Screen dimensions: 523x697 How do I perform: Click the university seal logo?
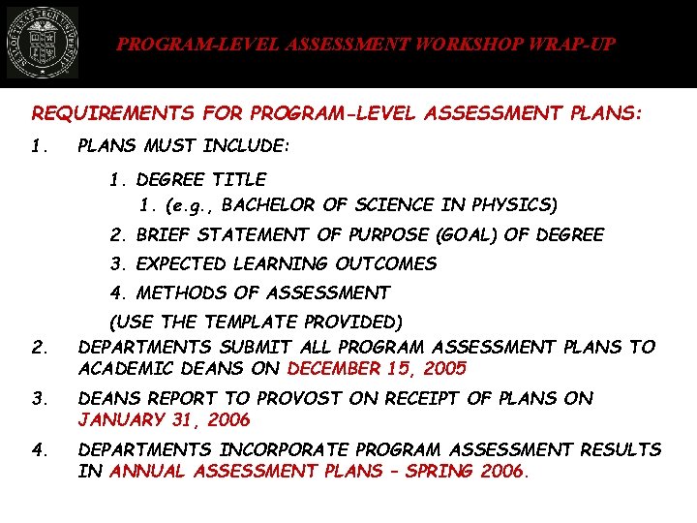(x=43, y=45)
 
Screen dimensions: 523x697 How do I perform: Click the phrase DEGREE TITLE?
(x=201, y=179)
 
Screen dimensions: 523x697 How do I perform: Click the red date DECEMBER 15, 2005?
(x=378, y=368)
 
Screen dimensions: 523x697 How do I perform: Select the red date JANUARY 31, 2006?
(x=164, y=419)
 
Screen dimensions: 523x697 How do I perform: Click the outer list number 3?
(x=39, y=398)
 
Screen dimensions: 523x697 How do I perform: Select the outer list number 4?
(x=39, y=449)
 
